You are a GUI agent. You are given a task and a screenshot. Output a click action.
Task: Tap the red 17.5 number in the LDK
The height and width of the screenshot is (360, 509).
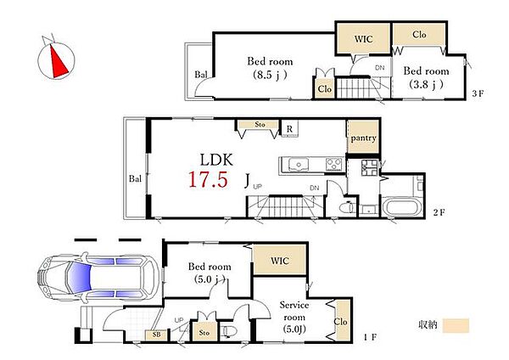tap(208, 180)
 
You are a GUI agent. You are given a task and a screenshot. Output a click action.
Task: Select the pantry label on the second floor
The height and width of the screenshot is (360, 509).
tap(363, 138)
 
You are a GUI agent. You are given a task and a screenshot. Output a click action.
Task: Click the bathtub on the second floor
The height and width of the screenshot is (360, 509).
tap(402, 207)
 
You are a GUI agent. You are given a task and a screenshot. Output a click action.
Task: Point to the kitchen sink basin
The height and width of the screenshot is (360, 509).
tap(298, 164)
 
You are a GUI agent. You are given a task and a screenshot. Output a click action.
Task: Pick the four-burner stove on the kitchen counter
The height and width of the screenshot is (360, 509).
tap(334, 164)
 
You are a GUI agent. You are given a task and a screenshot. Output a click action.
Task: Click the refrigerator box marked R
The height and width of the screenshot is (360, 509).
tap(289, 129)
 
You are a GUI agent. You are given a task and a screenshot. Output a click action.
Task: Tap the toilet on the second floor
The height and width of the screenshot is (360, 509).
tap(346, 207)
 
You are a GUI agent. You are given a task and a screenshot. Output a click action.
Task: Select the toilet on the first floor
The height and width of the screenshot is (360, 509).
tap(229, 331)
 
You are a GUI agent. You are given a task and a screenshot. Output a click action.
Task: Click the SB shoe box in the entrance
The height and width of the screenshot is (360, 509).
tap(156, 335)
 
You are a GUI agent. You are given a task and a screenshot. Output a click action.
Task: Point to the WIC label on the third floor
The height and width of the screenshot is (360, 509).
tap(363, 39)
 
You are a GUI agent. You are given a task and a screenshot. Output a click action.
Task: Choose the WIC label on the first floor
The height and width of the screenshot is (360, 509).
tap(279, 261)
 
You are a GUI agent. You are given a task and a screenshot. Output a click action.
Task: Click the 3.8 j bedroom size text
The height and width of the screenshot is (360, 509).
tap(426, 84)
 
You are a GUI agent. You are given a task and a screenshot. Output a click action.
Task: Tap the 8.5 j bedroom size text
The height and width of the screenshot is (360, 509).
tap(270, 75)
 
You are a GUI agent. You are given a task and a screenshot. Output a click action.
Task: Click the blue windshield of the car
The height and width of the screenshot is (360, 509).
tap(78, 278)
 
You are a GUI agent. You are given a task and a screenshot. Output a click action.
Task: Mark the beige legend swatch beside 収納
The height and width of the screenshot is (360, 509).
tap(456, 325)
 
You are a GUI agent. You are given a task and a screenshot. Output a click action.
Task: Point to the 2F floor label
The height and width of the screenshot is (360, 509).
tap(439, 212)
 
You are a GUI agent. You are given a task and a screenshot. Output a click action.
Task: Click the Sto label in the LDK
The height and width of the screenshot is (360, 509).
tap(260, 125)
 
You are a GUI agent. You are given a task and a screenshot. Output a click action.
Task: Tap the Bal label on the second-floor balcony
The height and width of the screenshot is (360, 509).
tap(135, 178)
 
